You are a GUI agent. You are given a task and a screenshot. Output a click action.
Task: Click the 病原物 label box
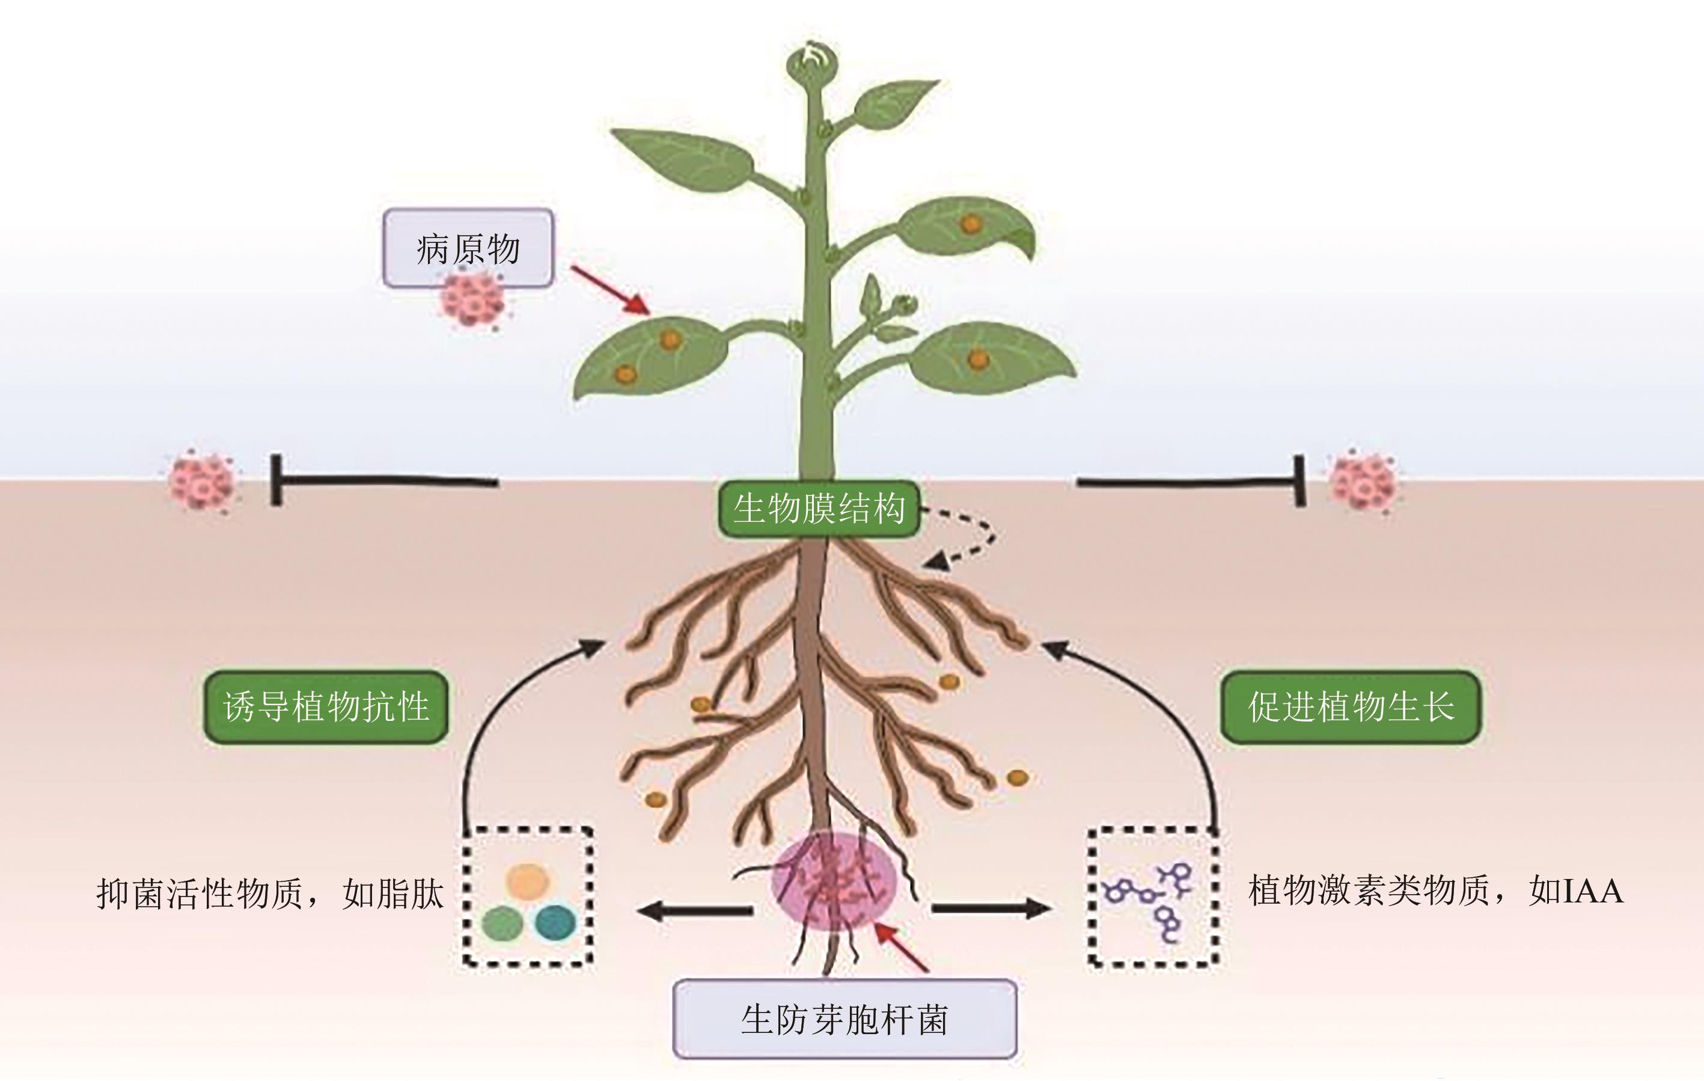click(468, 248)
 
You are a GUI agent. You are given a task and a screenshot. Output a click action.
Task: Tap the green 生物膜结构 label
click(819, 508)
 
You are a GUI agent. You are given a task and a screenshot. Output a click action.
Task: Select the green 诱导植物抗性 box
click(326, 706)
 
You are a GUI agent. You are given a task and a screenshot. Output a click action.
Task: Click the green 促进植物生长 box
click(1350, 706)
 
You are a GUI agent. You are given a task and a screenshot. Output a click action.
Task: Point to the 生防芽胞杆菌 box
click(844, 1020)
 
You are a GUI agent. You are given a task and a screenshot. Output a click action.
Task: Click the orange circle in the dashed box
click(527, 881)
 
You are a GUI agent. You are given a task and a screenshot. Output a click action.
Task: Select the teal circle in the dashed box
click(555, 922)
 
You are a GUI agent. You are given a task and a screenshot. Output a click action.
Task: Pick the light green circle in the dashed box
click(502, 923)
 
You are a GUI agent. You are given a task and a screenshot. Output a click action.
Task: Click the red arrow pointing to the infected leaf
click(610, 290)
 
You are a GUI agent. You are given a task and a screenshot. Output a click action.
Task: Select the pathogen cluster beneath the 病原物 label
click(472, 300)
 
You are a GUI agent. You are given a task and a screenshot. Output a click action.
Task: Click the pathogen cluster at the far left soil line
click(202, 481)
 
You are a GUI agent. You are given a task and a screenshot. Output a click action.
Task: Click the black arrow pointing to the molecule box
click(991, 908)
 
